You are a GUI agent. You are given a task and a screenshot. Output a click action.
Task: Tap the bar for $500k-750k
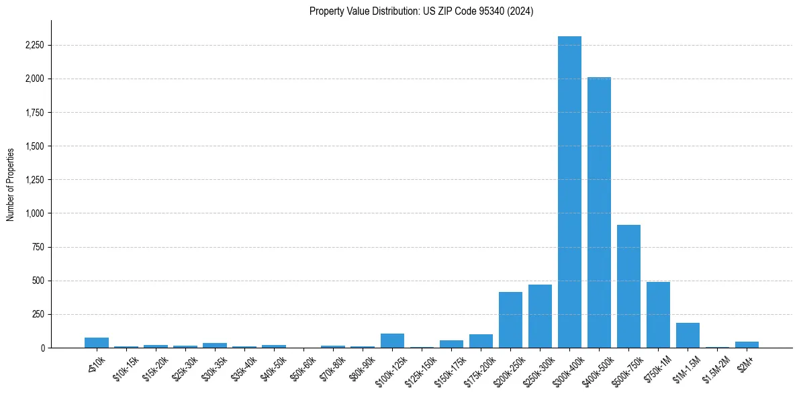point(628,286)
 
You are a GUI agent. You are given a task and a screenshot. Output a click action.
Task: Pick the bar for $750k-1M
point(658,315)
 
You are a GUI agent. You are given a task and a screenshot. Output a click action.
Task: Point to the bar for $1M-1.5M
point(688,336)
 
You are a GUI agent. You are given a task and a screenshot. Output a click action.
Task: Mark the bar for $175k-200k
point(481,341)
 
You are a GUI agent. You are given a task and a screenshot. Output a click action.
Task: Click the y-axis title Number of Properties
point(10,185)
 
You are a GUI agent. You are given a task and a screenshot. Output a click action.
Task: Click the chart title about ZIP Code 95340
point(421,11)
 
